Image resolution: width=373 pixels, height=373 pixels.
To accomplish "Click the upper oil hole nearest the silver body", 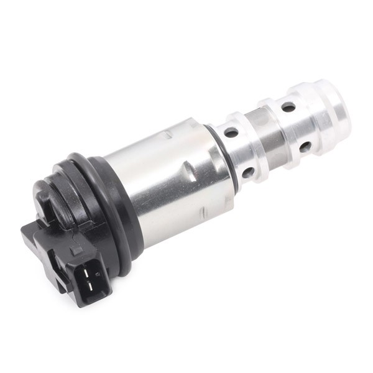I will (231, 132).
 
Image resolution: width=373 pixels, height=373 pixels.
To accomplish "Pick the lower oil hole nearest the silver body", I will (247, 172).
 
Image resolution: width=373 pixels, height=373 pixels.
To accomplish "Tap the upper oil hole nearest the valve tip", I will (288, 106).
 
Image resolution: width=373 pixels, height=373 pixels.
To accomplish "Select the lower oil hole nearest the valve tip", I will (305, 147).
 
